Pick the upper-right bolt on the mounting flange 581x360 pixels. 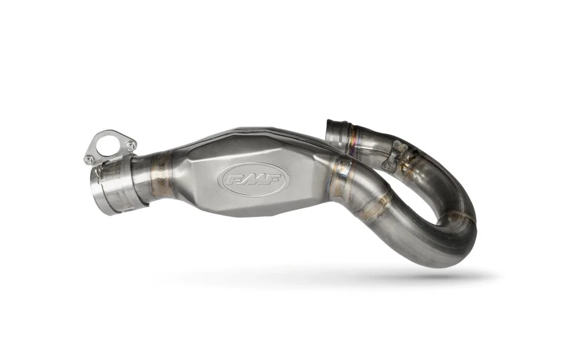click(130, 146)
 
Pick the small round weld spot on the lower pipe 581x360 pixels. click(383, 199)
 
